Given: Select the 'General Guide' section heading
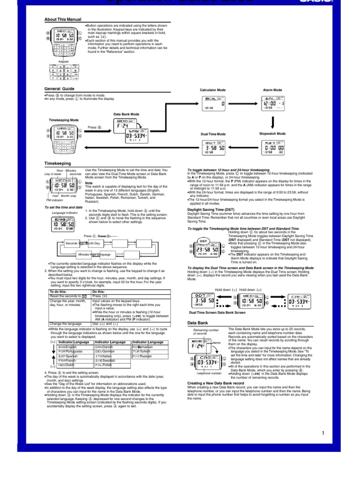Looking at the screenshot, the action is [x=59, y=89].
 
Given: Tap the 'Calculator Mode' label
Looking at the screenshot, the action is [x=212, y=90].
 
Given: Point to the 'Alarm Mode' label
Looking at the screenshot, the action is [x=272, y=90].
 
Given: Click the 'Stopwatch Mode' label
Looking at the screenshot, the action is [x=272, y=134].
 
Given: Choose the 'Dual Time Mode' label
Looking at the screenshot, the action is [x=213, y=134].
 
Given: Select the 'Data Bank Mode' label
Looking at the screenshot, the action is [x=126, y=114].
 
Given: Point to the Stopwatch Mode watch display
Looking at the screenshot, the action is [x=272, y=147].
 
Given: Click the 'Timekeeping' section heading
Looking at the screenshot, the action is [x=57, y=163].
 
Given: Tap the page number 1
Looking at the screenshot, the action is [x=323, y=433].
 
